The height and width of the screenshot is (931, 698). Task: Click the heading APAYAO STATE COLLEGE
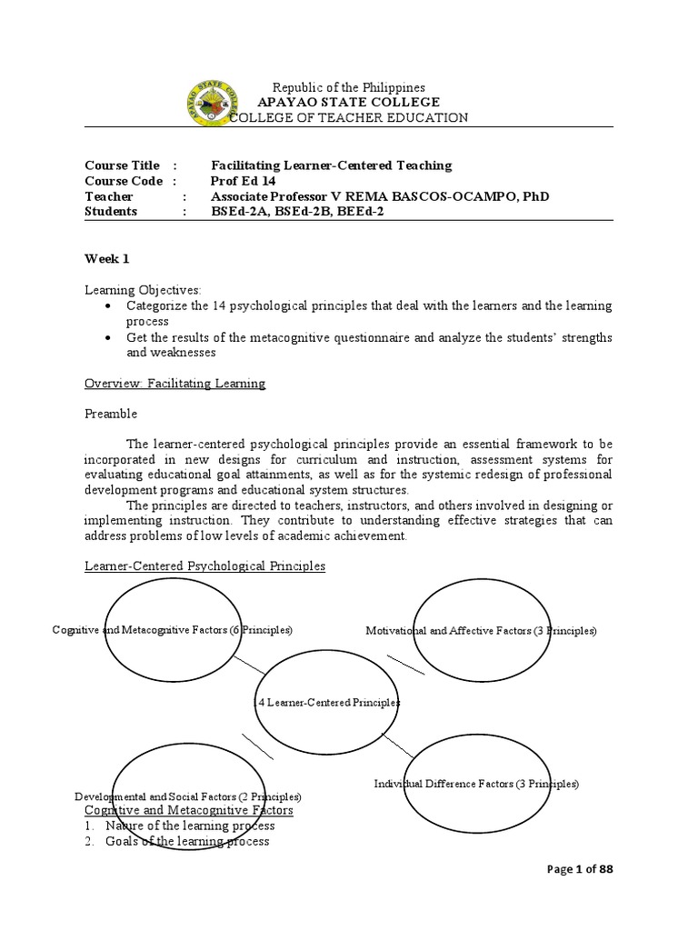click(336, 103)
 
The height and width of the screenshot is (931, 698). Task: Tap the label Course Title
click(122, 165)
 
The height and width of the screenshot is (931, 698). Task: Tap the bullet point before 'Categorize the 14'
click(107, 305)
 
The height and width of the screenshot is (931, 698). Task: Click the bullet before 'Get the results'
click(107, 337)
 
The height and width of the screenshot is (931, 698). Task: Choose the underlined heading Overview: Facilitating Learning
click(174, 384)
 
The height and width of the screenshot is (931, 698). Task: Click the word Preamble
click(111, 414)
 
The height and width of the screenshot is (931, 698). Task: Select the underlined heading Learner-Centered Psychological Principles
click(204, 566)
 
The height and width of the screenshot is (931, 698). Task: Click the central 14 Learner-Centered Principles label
click(327, 703)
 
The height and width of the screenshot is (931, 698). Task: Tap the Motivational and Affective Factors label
click(481, 630)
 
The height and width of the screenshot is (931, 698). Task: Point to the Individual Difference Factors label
click(476, 784)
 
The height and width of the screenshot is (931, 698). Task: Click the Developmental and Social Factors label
click(187, 796)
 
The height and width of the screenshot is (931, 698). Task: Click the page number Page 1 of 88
click(582, 870)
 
